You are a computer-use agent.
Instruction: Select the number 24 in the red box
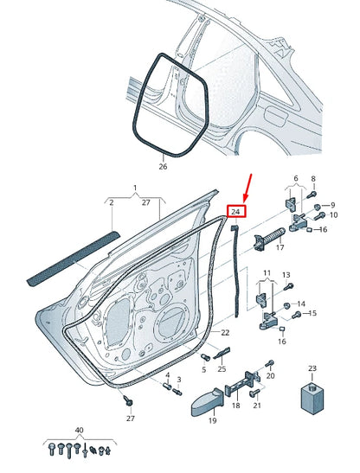(235, 210)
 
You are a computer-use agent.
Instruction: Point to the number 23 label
(312, 369)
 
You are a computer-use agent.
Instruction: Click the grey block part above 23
(312, 399)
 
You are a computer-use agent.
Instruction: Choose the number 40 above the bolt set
(80, 430)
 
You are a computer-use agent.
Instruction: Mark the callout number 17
(279, 248)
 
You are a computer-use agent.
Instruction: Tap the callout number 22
(224, 333)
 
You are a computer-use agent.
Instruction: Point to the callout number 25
(222, 369)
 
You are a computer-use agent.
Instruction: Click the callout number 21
(257, 405)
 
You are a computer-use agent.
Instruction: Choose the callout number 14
(301, 305)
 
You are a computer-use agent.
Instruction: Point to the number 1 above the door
(135, 188)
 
